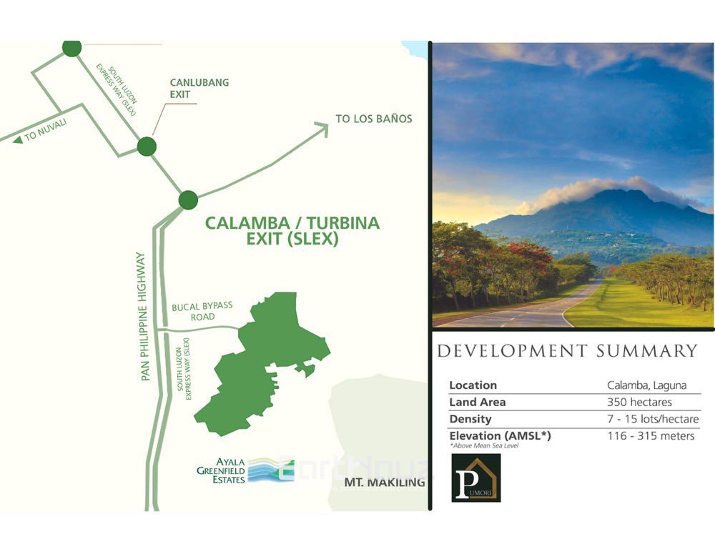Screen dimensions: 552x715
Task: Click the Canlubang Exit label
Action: point(199,88)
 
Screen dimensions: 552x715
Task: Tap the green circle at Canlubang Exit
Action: point(147,147)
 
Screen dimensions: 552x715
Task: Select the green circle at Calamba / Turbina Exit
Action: point(188,200)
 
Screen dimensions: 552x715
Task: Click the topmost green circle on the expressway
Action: point(71,48)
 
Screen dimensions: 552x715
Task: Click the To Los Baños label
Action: point(374,119)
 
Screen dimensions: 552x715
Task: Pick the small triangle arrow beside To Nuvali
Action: point(17,139)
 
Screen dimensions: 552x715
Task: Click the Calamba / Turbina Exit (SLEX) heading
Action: point(292,231)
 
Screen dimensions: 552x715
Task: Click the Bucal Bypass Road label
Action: point(202,311)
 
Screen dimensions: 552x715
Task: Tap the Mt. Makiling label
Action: point(385,483)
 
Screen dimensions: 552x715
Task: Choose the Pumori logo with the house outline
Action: point(476,478)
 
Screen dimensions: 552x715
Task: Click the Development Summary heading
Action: point(567,351)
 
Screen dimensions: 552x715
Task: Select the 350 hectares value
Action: point(639,402)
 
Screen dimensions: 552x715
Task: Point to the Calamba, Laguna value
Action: point(646,385)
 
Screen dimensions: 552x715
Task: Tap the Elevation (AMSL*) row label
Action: point(500,435)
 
